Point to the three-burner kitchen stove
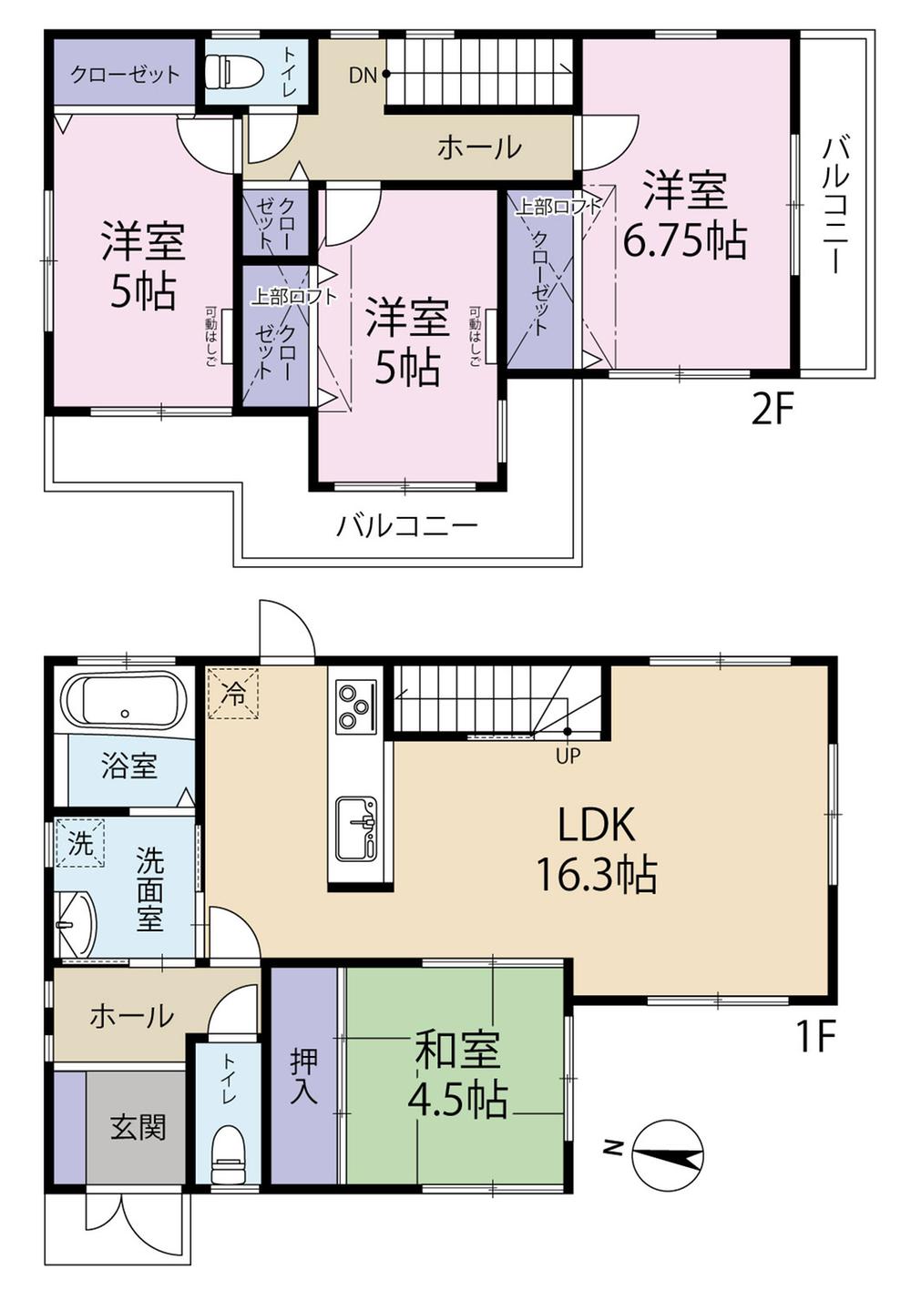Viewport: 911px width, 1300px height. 354,706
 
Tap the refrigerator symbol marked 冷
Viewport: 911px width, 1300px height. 233,694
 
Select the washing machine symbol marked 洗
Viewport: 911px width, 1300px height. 80,843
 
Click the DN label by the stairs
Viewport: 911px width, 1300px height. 363,75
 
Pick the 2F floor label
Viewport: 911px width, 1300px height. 773,411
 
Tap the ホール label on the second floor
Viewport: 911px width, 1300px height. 479,147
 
